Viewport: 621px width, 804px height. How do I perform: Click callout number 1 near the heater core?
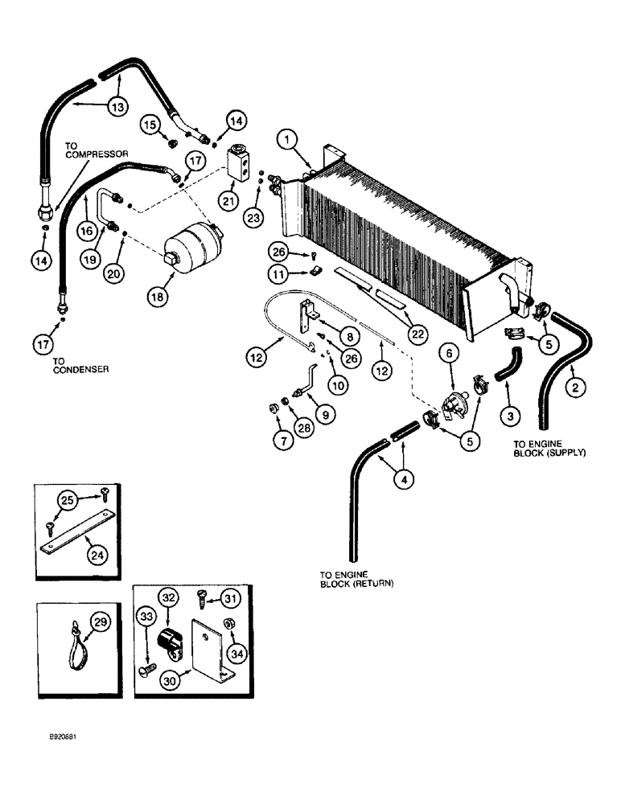(287, 141)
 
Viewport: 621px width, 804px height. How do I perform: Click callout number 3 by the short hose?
(508, 416)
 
